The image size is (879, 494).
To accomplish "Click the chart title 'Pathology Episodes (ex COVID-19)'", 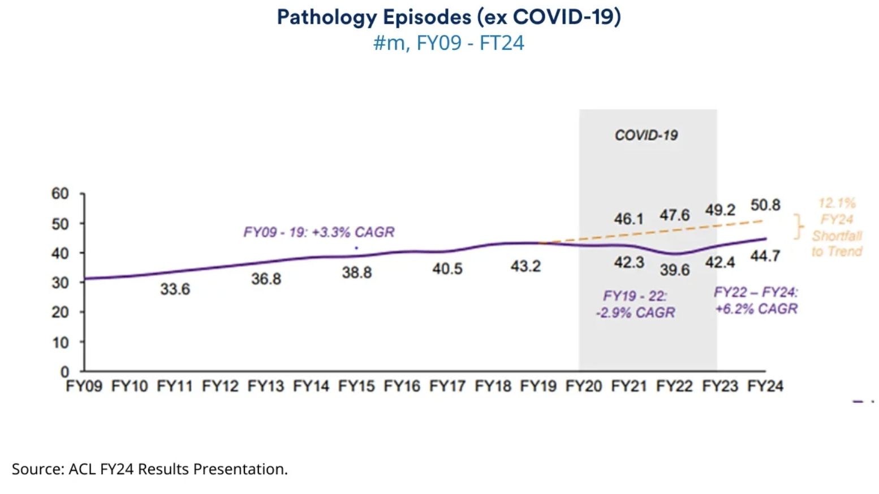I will click(449, 18).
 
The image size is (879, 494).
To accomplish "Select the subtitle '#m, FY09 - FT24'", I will click(449, 43).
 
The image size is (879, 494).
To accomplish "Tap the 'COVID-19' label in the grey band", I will click(646, 135).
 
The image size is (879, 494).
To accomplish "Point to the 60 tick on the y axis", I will click(60, 194).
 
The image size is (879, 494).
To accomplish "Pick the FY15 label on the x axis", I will click(356, 387).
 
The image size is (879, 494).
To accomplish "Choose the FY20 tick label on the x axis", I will click(584, 387).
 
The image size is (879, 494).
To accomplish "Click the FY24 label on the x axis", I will click(765, 387).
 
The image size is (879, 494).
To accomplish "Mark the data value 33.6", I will click(175, 289).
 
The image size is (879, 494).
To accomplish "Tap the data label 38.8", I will click(356, 273).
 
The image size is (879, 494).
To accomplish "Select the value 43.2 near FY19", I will click(525, 266).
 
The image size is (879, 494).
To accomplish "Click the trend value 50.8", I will click(765, 205).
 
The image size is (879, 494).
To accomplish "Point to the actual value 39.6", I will click(675, 270).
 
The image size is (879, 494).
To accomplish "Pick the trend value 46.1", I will click(629, 219).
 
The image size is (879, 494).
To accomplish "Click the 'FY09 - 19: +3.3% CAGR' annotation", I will click(319, 232).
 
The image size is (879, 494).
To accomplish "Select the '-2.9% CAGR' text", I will click(635, 313).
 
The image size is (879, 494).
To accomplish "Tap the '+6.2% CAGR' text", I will click(756, 309).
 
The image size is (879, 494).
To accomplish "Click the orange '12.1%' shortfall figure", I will click(837, 203).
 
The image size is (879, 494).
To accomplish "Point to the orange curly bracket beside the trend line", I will click(799, 227).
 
